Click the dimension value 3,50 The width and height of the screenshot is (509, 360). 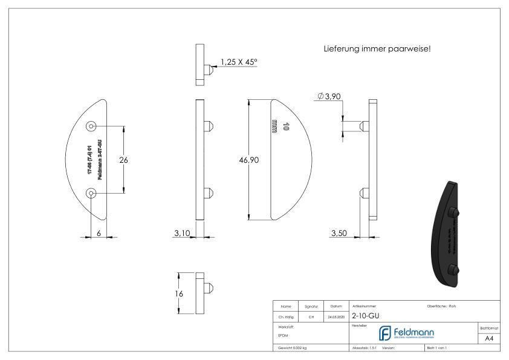click(339, 234)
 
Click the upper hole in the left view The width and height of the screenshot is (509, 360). click(91, 126)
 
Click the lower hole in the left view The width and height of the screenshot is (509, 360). click(91, 193)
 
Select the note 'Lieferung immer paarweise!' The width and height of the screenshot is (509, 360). click(377, 48)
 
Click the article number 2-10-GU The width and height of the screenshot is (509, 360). click(365, 315)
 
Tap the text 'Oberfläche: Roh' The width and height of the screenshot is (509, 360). click(441, 306)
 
